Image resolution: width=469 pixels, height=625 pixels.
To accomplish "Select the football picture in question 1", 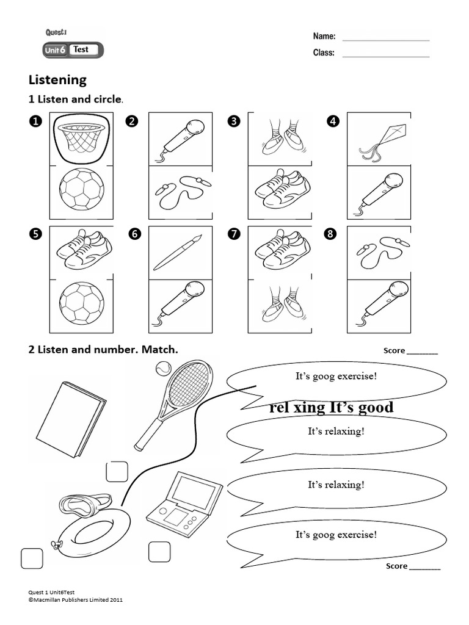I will (81, 192).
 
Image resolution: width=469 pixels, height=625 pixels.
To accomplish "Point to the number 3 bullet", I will (233, 121).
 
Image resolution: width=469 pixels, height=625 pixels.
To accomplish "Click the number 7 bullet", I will (233, 236).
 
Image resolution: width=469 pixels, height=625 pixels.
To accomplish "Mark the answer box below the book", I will (117, 472).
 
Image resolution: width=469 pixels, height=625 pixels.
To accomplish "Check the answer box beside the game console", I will (159, 551).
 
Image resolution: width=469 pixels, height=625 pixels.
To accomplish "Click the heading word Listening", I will (57, 80).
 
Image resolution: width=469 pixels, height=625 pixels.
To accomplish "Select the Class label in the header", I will (324, 53).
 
